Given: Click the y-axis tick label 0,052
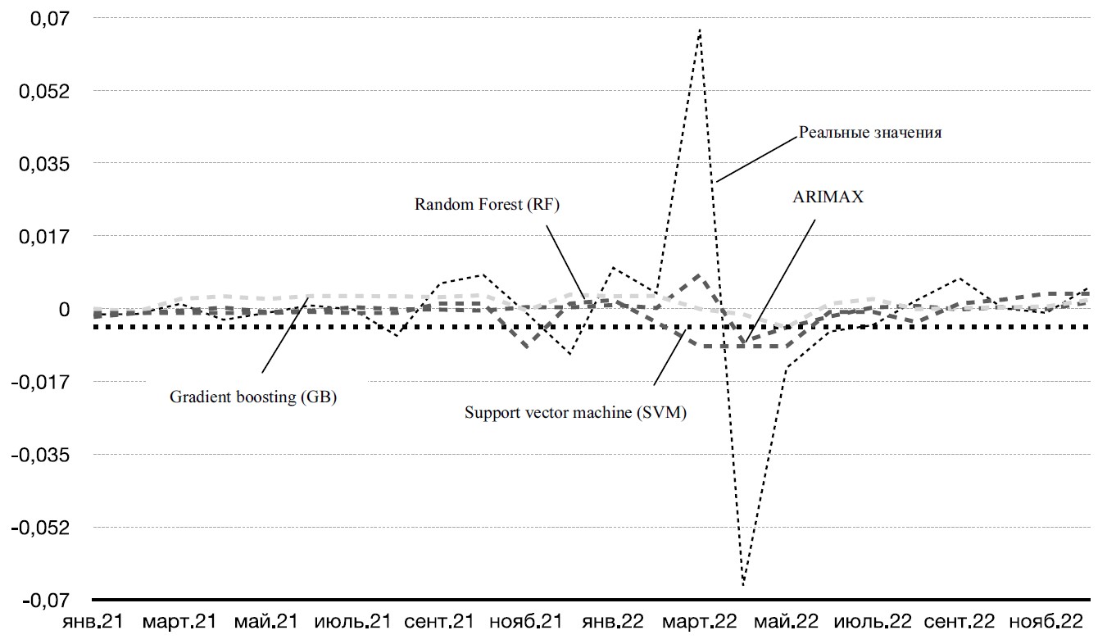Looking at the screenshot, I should (x=42, y=91).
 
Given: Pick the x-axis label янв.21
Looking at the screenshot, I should (x=93, y=622).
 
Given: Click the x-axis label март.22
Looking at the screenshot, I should (x=699, y=622).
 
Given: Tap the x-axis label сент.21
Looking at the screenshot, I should (x=439, y=622).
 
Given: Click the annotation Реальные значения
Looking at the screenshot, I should (x=869, y=134).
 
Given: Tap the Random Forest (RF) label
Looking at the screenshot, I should (x=487, y=205).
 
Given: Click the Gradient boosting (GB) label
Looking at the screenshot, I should (x=253, y=397).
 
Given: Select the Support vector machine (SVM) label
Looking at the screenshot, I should (x=575, y=413).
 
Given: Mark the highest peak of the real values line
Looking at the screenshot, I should (x=700, y=29).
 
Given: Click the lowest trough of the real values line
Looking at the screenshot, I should (x=743, y=584).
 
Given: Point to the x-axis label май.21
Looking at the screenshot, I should (x=265, y=622).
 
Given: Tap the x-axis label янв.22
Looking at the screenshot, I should (x=612, y=622).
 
